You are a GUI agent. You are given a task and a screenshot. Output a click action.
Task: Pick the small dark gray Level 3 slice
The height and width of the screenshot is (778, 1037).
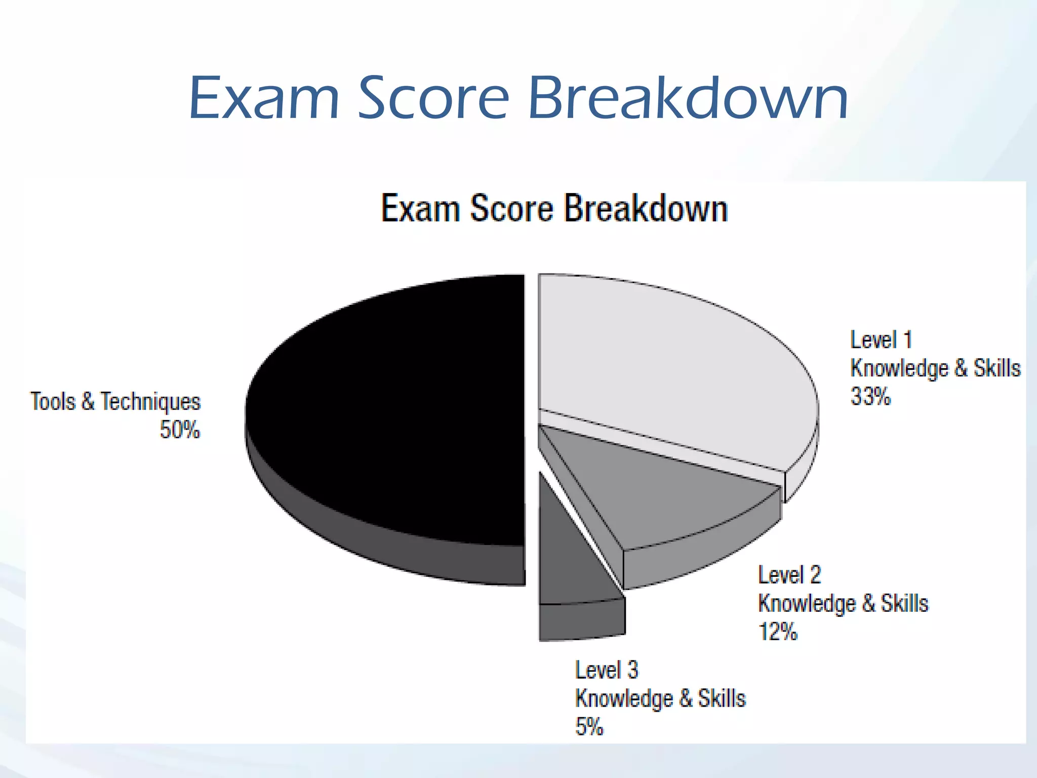pyautogui.click(x=567, y=557)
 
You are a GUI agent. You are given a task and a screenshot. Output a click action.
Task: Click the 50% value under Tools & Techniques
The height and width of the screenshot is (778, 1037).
pyautogui.click(x=180, y=430)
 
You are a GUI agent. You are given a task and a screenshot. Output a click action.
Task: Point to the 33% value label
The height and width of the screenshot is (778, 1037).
pyautogui.click(x=870, y=397)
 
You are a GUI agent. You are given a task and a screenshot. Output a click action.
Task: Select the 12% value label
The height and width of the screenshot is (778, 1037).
pyautogui.click(x=778, y=632)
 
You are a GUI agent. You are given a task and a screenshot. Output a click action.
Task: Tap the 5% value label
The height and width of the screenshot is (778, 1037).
pyautogui.click(x=589, y=727)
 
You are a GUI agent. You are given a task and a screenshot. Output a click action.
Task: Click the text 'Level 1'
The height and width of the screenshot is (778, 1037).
pyautogui.click(x=881, y=340)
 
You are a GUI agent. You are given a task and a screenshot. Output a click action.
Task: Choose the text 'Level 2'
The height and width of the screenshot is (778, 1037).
pyautogui.click(x=789, y=575)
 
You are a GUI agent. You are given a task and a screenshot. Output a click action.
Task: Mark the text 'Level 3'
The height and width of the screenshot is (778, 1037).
pyautogui.click(x=607, y=670)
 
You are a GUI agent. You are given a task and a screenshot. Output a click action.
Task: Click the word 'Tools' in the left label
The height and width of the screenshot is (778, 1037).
pyautogui.click(x=53, y=402)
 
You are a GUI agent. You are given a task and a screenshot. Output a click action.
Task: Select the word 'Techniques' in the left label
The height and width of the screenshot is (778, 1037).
pyautogui.click(x=151, y=402)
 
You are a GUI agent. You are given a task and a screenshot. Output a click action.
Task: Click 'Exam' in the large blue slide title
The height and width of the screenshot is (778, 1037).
pyautogui.click(x=264, y=98)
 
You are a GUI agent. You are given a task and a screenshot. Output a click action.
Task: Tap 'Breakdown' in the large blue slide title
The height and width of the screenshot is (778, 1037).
pyautogui.click(x=688, y=98)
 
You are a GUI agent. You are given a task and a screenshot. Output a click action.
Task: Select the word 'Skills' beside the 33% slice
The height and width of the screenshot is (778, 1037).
pyautogui.click(x=997, y=368)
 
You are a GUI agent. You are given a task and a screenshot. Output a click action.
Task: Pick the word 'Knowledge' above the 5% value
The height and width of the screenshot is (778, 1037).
pyautogui.click(x=624, y=699)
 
